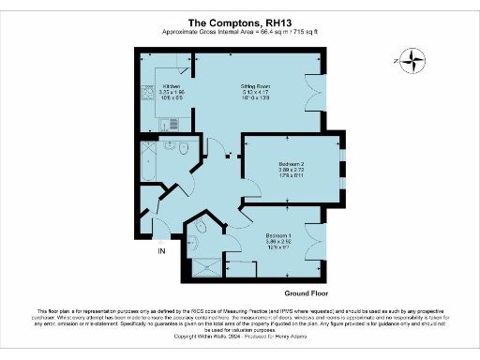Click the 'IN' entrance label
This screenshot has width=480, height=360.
(x=160, y=251)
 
